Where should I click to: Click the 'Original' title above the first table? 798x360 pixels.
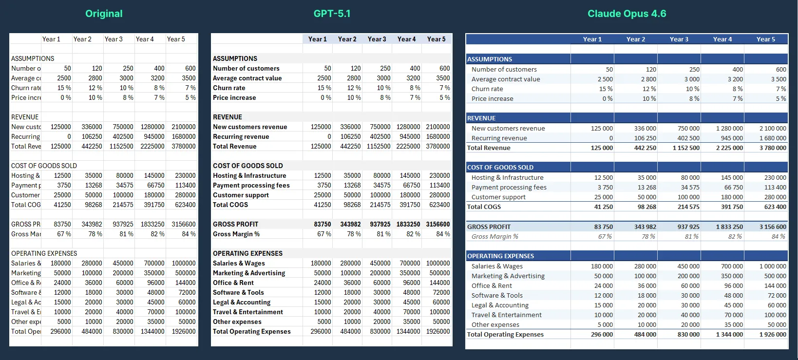tap(104, 14)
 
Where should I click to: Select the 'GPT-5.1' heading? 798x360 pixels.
tap(332, 14)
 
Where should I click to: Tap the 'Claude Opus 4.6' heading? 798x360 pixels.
tap(627, 14)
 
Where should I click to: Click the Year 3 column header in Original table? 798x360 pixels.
tap(114, 39)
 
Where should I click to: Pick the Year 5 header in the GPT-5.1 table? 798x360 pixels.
tap(436, 39)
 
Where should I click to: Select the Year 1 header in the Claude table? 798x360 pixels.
tap(592, 39)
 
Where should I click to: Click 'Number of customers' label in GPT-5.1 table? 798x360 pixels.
tap(246, 68)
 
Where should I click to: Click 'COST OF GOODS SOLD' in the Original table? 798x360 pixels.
tap(44, 166)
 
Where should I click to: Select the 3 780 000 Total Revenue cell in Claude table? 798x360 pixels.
tap(773, 148)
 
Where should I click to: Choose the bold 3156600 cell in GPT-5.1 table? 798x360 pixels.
tap(437, 224)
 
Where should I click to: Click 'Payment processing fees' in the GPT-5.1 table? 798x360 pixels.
tap(251, 185)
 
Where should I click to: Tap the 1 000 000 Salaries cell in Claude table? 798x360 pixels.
tap(773, 266)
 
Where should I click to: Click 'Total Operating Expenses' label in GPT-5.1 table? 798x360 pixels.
tap(251, 331)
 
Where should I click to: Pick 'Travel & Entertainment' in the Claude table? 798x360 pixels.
tap(506, 315)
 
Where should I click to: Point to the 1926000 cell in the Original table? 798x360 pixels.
tap(183, 331)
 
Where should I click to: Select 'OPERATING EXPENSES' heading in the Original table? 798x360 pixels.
tap(44, 253)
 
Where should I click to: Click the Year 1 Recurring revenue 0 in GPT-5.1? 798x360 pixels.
tap(329, 136)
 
